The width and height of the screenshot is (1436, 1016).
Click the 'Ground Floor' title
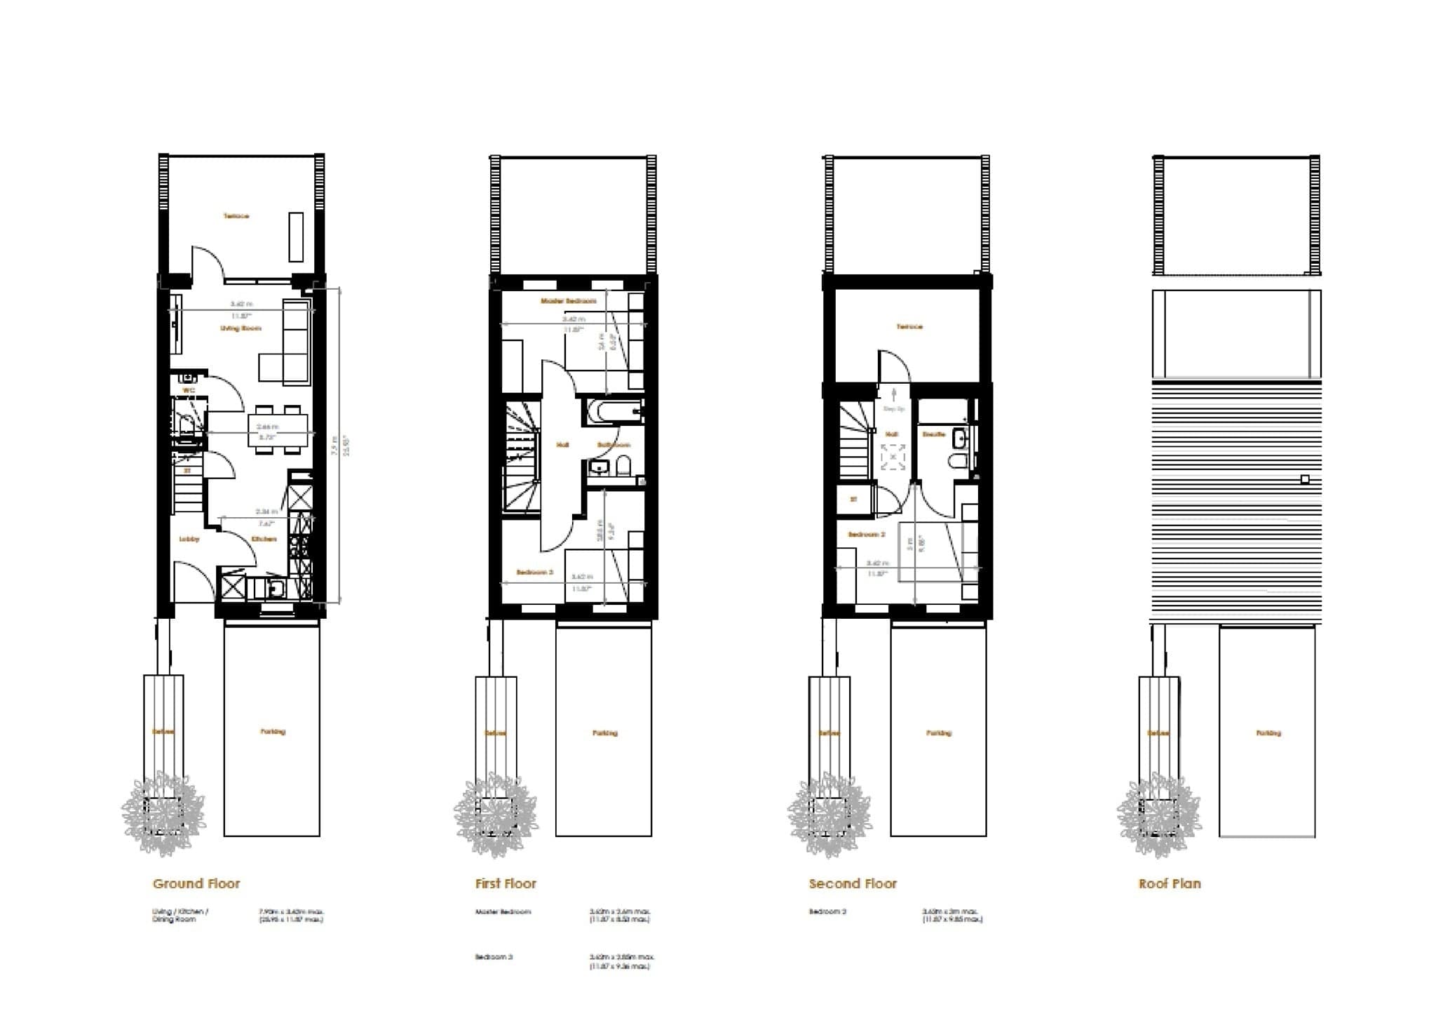(196, 883)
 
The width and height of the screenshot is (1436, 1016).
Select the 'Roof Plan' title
(1170, 883)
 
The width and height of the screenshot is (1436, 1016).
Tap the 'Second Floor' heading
(853, 883)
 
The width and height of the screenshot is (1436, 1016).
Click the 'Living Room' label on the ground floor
(241, 328)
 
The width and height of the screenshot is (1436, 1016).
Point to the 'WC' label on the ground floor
(188, 390)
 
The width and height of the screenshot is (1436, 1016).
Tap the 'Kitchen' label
(264, 539)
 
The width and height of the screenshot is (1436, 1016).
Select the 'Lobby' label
(189, 539)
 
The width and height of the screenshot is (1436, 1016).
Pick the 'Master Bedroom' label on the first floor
(569, 301)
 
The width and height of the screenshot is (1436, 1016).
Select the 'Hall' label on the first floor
(562, 445)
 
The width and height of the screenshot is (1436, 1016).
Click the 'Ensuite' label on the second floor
(934, 435)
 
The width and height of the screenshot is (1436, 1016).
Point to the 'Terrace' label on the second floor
(909, 326)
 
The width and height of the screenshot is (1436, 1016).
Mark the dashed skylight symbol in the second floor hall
(893, 457)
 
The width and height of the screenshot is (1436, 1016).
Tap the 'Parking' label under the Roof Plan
(1268, 733)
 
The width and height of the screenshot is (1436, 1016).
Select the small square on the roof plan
(1305, 479)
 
